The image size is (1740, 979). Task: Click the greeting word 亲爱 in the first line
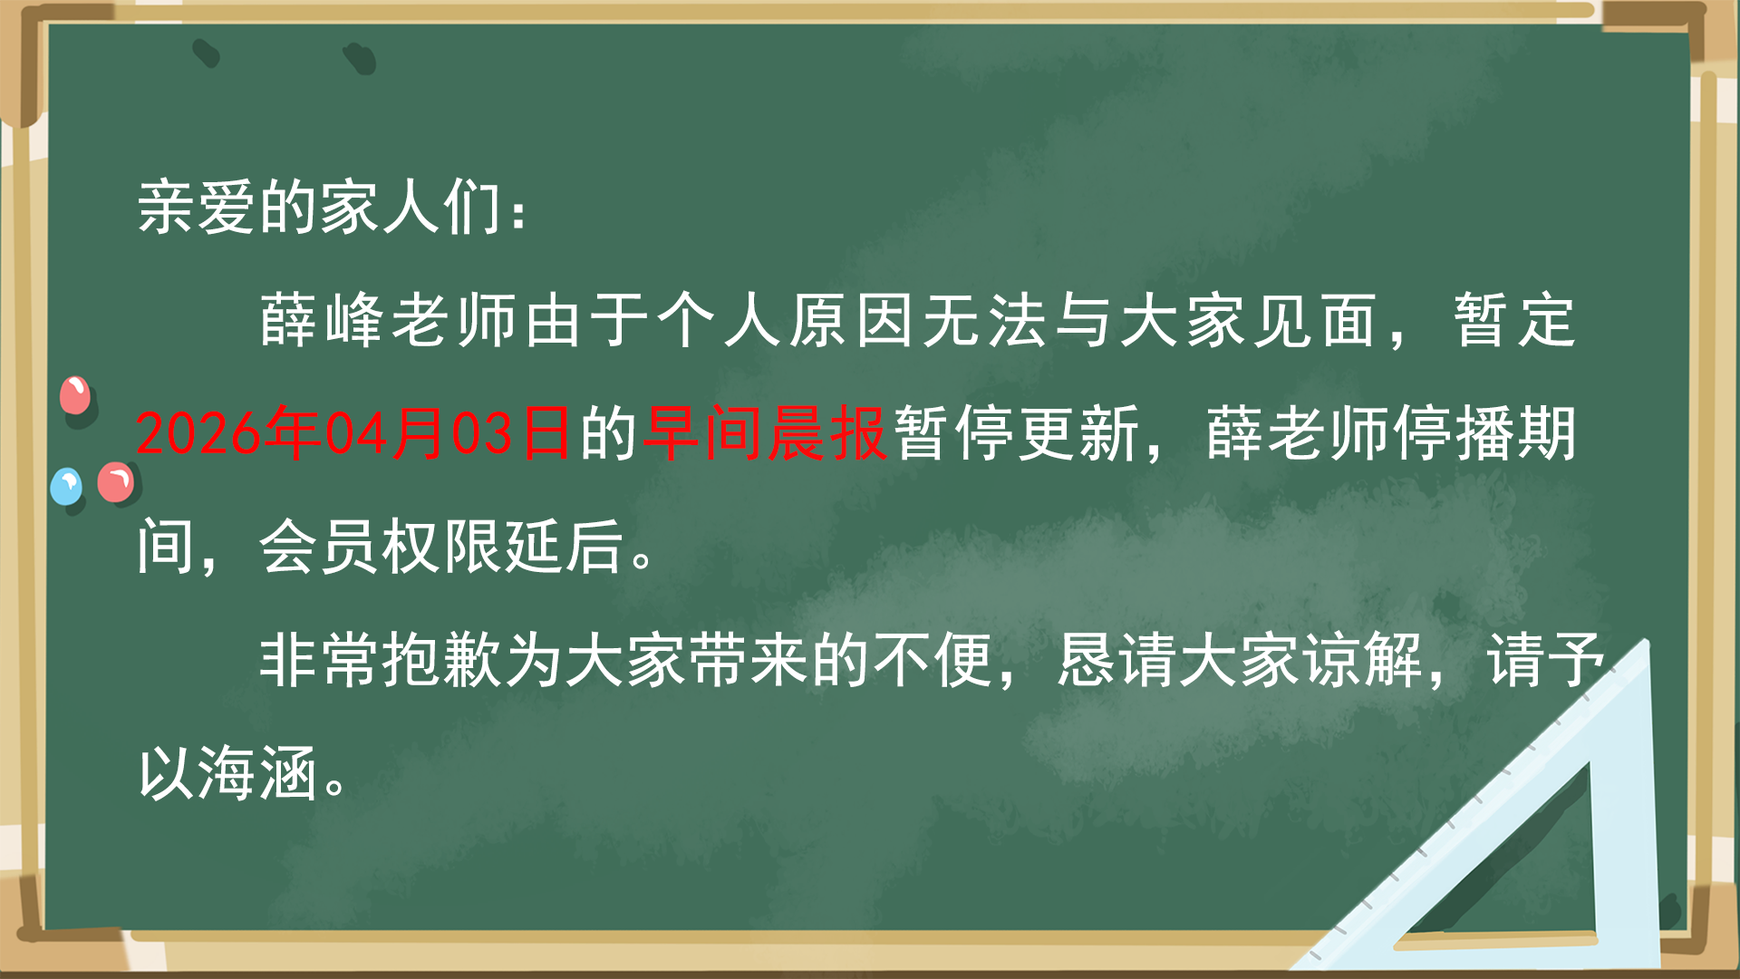point(197,208)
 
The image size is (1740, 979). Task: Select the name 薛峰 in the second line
point(323,321)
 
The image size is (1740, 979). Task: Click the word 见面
point(1316,321)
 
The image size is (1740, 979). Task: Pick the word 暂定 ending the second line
point(1515,321)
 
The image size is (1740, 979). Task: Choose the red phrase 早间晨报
point(764,433)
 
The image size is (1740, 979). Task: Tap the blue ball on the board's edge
point(66,487)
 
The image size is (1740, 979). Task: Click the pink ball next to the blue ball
point(116,482)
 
